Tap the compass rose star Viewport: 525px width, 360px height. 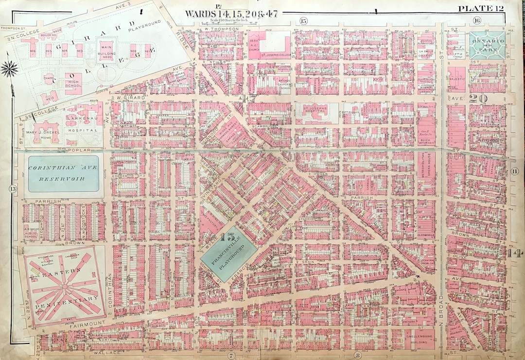pos(9,69)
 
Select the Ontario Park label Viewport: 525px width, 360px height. pos(487,45)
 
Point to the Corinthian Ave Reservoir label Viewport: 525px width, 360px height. pos(63,173)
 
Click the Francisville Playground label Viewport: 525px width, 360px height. pos(229,253)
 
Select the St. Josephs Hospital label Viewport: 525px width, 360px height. pos(316,110)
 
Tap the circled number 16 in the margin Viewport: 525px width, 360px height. pos(476,20)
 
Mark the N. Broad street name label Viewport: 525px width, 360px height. pos(441,299)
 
